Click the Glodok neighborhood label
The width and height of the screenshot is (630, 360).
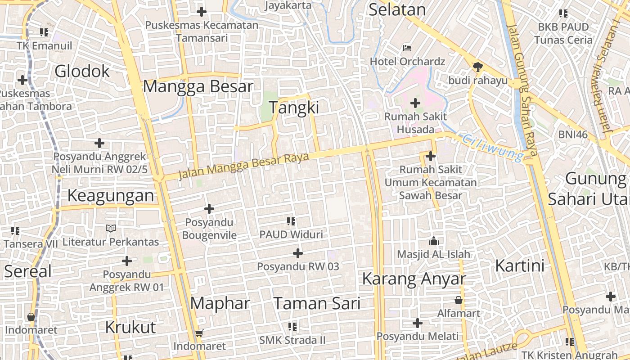tap(82, 71)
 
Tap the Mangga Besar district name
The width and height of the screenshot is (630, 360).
tap(198, 86)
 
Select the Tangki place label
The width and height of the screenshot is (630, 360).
tap(294, 108)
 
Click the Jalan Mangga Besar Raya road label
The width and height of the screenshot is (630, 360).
tap(243, 165)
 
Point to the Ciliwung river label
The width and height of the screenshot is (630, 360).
tap(494, 147)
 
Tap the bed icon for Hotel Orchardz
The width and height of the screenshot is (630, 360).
tap(407, 48)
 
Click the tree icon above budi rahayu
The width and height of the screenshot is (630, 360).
tap(477, 67)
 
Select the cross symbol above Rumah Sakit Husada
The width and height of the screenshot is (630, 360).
tap(415, 103)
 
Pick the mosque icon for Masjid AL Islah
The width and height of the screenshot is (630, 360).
tap(434, 241)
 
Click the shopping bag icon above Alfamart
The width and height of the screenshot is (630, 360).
tap(459, 300)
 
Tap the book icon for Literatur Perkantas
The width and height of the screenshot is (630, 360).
tap(111, 228)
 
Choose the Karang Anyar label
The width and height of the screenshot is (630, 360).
tap(414, 279)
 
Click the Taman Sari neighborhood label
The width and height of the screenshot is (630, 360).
tap(317, 303)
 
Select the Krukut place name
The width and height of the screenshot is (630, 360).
tap(130, 327)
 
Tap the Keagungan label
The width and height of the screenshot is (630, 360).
tap(111, 195)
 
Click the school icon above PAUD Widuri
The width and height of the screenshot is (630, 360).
tap(291, 221)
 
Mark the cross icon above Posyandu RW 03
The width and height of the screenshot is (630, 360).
tap(298, 253)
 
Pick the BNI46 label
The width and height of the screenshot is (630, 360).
tap(573, 134)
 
